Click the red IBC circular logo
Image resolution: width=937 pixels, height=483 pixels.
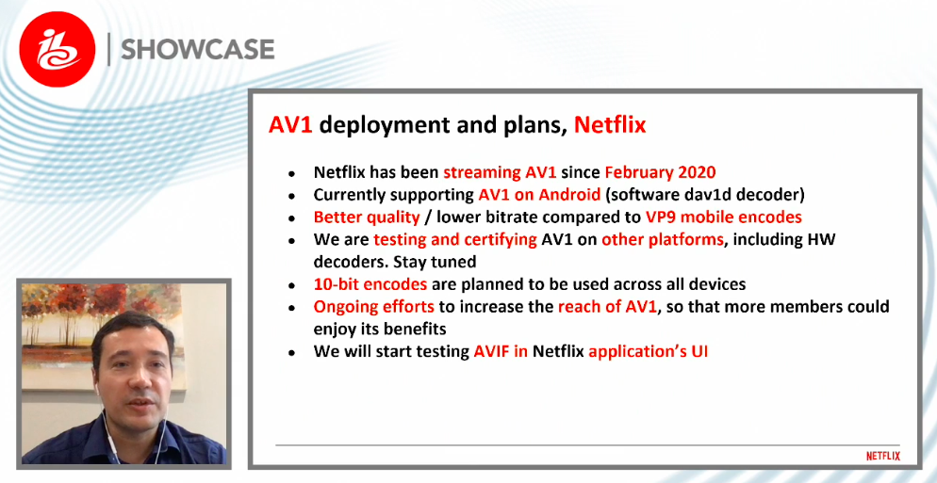coord(58,50)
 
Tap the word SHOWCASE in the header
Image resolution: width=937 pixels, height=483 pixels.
coord(198,50)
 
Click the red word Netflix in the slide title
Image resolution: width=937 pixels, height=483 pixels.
coord(610,125)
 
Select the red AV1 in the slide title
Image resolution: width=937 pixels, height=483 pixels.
coord(291,125)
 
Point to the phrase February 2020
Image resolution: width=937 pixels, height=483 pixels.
coord(660,172)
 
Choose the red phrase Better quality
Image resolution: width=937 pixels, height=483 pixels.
coord(367,217)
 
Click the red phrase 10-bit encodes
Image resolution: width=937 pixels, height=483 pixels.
coord(370,284)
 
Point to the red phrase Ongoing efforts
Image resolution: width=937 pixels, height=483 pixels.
coord(374,307)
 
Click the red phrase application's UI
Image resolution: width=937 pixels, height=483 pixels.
coord(649,351)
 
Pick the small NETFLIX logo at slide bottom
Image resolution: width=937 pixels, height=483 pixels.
coord(883,456)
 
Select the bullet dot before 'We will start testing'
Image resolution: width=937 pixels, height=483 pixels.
coord(291,353)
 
